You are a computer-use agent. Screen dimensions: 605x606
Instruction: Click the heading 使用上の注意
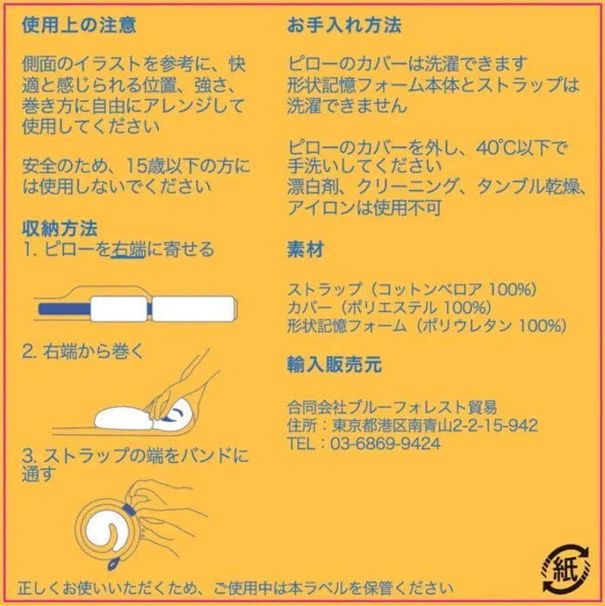79,25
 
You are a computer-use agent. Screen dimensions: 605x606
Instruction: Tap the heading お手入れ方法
344,25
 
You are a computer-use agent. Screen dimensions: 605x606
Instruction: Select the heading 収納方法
60,228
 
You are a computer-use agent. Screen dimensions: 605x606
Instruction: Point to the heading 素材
305,249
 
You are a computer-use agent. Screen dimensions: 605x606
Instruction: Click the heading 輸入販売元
334,364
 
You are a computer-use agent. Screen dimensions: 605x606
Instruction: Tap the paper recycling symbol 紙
565,568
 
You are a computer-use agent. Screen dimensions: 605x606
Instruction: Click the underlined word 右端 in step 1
128,249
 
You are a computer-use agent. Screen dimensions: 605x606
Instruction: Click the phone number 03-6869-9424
385,443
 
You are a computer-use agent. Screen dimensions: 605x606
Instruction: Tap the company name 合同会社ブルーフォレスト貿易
392,407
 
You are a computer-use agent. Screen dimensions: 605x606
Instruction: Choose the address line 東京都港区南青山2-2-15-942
435,425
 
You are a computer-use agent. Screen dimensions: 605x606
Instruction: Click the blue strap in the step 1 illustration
65,309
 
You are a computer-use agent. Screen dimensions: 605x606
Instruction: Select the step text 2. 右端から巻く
83,351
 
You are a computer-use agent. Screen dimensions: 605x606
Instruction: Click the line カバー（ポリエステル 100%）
390,308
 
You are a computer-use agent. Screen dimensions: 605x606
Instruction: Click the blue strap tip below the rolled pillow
113,564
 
